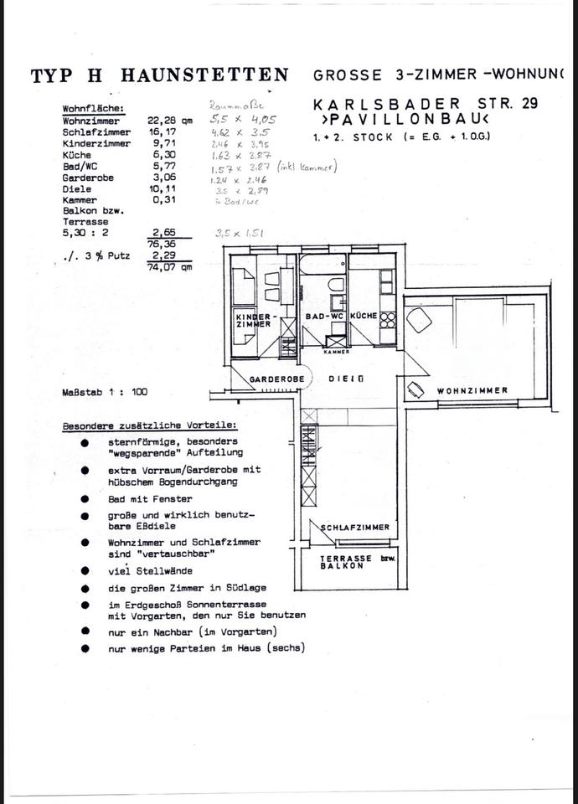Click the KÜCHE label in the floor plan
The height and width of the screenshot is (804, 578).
[x=363, y=316]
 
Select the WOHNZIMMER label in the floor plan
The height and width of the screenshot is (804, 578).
[x=472, y=390]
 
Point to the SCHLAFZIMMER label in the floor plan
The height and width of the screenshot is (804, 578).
[x=356, y=528]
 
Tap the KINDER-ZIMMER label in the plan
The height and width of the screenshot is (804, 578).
[x=252, y=320]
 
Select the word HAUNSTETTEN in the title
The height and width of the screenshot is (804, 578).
[x=205, y=75]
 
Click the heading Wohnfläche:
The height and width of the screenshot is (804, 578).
[x=94, y=109]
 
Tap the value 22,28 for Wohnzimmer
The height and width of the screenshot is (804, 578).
[x=164, y=120]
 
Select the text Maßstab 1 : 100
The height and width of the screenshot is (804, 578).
[x=105, y=392]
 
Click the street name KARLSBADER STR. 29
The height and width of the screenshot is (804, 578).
[x=426, y=104]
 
